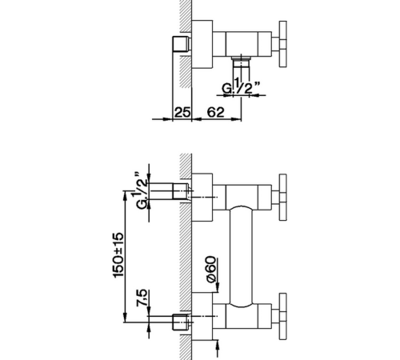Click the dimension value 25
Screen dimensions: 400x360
[x=182, y=112]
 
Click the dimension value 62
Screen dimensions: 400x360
[x=216, y=112]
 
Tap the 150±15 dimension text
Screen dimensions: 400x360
[x=118, y=255]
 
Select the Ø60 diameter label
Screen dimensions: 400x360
[x=211, y=270]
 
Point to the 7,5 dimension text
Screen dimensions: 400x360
[x=142, y=298]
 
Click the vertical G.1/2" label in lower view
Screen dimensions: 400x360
[x=140, y=190]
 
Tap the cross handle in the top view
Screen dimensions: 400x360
[x=282, y=44]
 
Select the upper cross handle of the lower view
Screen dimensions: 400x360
[x=282, y=198]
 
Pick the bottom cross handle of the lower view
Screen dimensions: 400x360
[x=282, y=317]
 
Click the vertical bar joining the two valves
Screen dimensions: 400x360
[x=241, y=257]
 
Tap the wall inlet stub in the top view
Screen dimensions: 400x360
[x=181, y=44]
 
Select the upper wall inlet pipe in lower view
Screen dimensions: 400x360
[x=170, y=191]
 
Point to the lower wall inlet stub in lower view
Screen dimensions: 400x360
[x=181, y=322]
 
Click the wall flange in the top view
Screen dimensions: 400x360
[x=202, y=44]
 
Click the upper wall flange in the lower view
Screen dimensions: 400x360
[x=202, y=198]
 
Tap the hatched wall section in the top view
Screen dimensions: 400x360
[x=186, y=44]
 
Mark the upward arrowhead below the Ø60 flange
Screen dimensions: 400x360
[x=218, y=344]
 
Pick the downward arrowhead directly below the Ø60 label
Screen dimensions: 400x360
[x=218, y=288]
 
